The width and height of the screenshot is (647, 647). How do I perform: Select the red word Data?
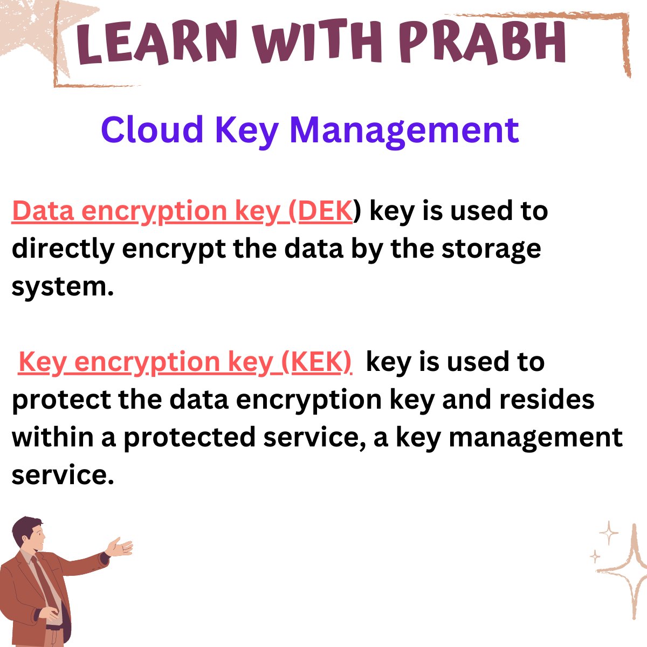pos(43,211)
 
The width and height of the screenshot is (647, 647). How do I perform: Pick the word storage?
pos(491,249)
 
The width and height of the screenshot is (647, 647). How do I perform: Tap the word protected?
pos(189,437)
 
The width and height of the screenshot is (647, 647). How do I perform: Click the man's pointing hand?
pos(121,546)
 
